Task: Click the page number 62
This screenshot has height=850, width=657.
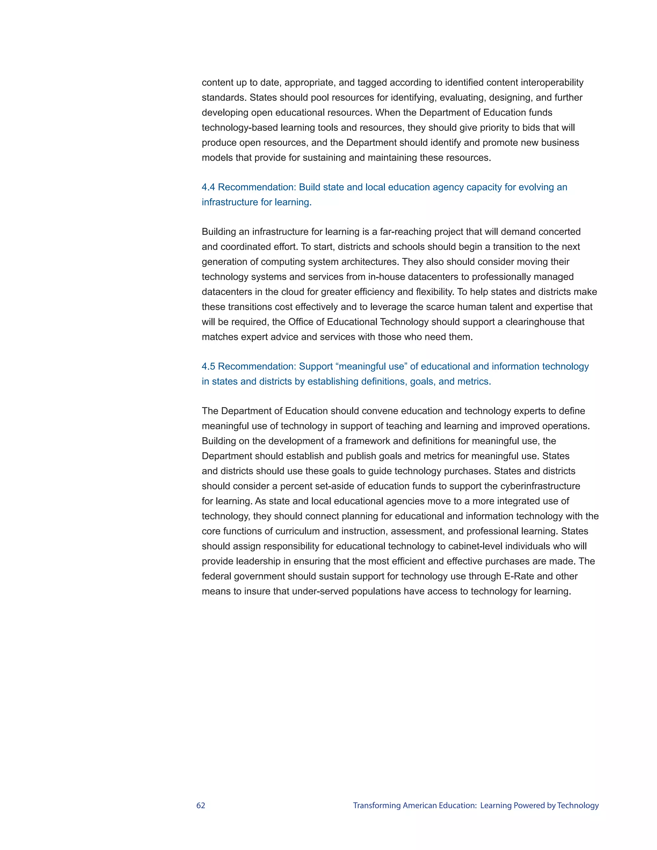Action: [x=201, y=805]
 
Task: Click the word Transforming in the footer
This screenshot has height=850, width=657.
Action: [x=377, y=805]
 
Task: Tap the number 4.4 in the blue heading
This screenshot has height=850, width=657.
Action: [x=208, y=187]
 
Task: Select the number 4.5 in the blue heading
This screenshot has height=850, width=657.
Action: [x=208, y=366]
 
